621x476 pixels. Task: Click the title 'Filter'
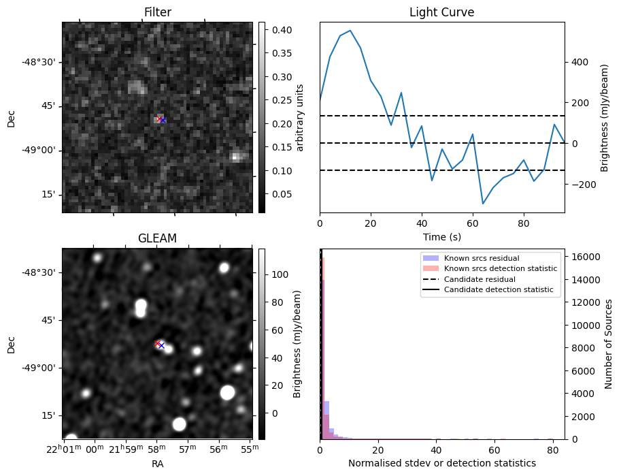coord(157,12)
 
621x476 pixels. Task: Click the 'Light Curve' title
coord(441,12)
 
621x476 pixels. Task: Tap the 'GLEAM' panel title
coord(157,238)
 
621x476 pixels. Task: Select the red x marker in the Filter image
coord(159,119)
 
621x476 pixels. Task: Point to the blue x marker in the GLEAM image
coord(162,345)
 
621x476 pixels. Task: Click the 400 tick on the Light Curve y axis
coord(579,62)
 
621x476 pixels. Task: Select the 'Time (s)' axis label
coord(441,236)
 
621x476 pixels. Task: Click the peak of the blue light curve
coord(350,31)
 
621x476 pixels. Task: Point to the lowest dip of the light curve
coord(483,204)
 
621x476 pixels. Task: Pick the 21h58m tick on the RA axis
coord(156,447)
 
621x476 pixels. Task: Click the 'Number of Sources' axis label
coord(609,344)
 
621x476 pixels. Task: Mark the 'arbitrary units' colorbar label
coord(300,117)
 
